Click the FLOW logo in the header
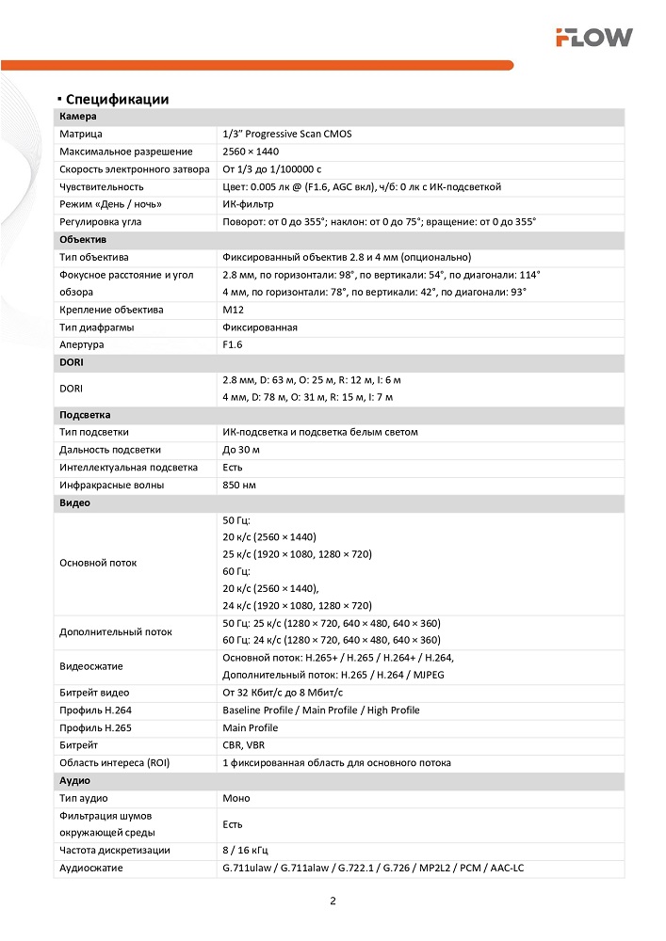[x=593, y=38]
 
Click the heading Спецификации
[x=117, y=99]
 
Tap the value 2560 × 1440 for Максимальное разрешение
[x=251, y=152]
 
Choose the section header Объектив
[x=83, y=240]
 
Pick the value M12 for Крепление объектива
[x=233, y=310]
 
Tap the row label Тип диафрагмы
[x=96, y=327]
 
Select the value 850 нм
[x=239, y=486]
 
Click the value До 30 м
[x=241, y=450]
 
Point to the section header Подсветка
[x=87, y=415]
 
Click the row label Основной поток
[x=98, y=563]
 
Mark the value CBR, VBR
[x=244, y=745]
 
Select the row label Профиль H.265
[x=95, y=727]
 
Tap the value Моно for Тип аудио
[x=236, y=798]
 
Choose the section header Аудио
[x=75, y=780]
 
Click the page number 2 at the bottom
[x=333, y=901]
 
